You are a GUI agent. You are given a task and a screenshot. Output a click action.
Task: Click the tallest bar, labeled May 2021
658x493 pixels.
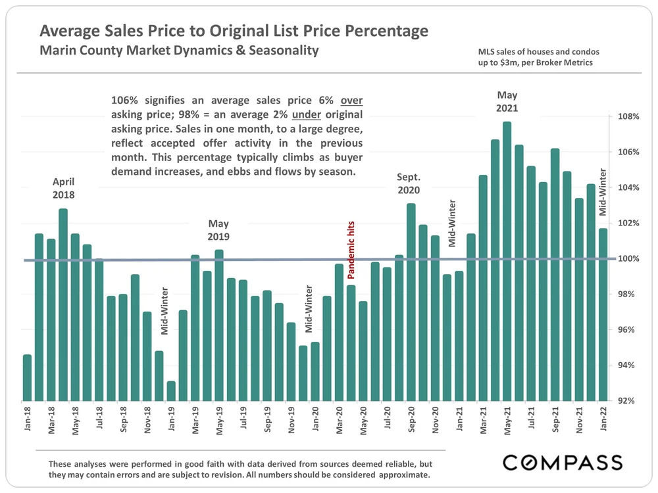coord(507,263)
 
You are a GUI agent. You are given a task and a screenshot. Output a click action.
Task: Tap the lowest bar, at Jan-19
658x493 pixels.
coord(171,391)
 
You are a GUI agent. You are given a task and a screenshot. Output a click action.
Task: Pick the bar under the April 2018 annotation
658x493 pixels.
coord(63,302)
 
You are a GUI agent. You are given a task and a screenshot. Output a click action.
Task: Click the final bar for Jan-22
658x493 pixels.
coord(603,316)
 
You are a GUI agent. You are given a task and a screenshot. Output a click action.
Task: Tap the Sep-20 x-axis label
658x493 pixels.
coord(411,421)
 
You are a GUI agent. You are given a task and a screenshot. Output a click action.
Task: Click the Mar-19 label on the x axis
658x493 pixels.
coord(195,421)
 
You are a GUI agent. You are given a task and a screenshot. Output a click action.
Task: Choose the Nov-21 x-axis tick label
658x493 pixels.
coord(579,421)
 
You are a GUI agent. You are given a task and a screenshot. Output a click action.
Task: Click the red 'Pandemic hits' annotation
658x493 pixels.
coord(351,250)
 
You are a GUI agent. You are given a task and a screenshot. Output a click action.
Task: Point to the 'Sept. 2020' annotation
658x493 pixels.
coord(409,183)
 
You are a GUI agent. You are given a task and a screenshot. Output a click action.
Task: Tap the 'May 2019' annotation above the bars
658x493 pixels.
coord(218,230)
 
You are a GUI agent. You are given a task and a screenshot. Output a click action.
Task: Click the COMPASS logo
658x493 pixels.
coord(563,461)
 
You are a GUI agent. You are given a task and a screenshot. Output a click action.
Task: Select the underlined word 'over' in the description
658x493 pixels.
coord(351,101)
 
